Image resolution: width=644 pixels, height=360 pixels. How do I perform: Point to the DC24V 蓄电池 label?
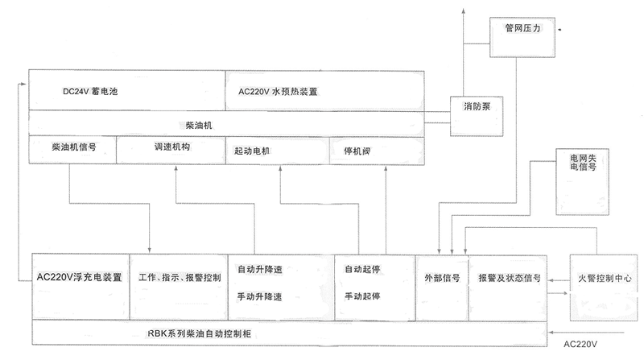pos(90,92)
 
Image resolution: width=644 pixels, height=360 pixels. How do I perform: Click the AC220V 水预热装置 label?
pos(278,92)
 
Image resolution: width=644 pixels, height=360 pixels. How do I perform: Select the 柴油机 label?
pos(199,126)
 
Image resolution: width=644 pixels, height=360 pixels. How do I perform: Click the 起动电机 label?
pos(252,151)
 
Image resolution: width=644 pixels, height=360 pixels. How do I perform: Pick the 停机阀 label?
pos(357,151)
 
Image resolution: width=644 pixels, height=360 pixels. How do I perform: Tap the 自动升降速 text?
pos(260,270)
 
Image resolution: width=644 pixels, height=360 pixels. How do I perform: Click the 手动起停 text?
pos(362,296)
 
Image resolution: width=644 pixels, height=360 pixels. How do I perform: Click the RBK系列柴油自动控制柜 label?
pos(200,333)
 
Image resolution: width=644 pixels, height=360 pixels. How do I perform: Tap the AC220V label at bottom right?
pos(580,345)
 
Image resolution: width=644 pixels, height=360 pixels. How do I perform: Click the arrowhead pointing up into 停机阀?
pos(386,168)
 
